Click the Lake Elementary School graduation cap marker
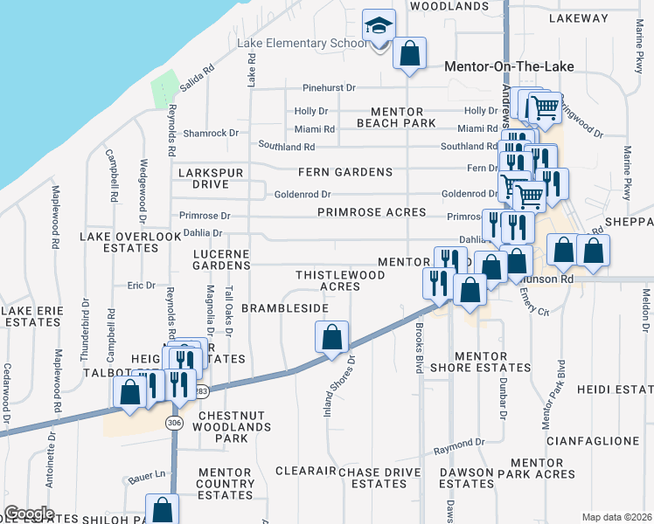(379, 26)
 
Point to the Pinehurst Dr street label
(330, 88)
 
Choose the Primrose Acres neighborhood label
(372, 212)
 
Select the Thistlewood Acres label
(340, 280)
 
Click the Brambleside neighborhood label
(285, 308)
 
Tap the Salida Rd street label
(197, 79)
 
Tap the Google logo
(29, 514)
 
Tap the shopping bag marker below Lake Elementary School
(408, 54)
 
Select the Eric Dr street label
(141, 285)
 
